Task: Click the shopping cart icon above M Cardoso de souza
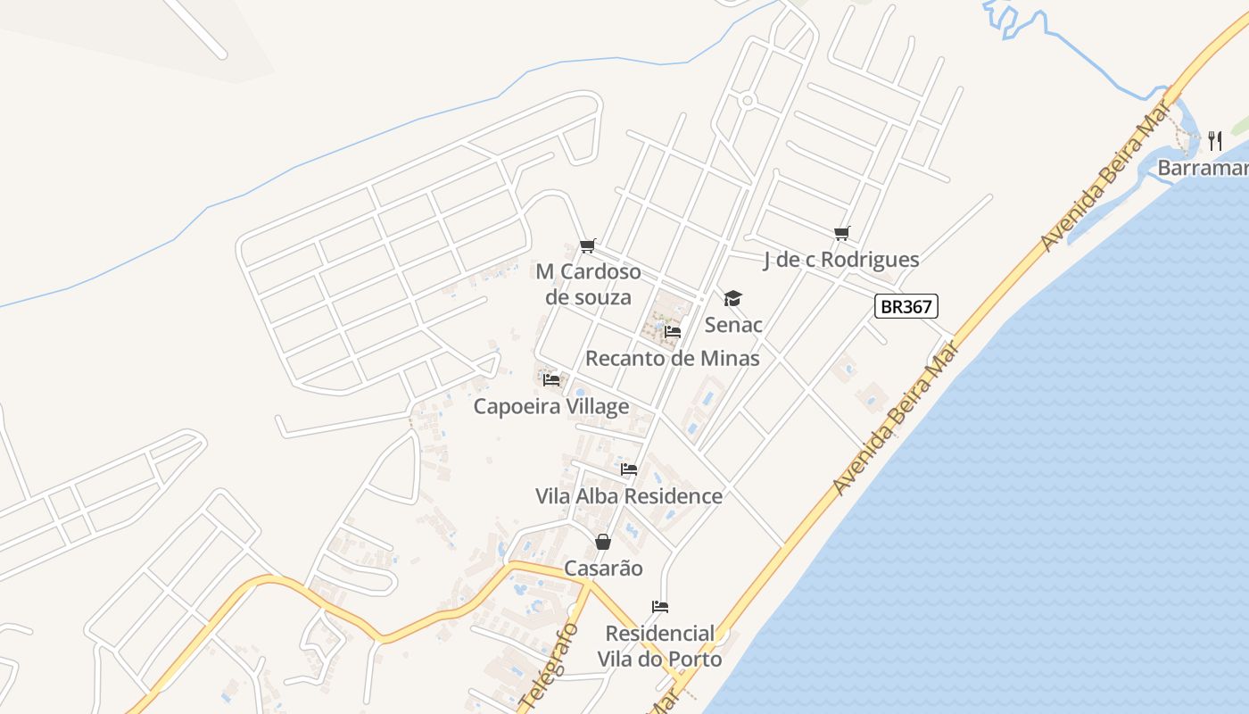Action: click(587, 245)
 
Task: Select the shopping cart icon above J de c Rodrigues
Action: click(841, 234)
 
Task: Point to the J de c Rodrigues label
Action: click(841, 260)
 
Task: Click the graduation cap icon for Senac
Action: click(732, 298)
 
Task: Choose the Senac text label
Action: click(733, 325)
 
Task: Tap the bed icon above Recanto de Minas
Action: click(673, 332)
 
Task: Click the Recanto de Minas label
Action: click(673, 359)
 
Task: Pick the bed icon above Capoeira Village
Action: click(551, 380)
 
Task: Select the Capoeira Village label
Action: click(551, 407)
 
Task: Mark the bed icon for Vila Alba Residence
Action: click(629, 469)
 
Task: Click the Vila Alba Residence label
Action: click(629, 496)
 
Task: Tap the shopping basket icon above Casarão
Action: click(603, 542)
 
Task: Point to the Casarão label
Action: click(603, 569)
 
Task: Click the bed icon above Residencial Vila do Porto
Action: click(660, 607)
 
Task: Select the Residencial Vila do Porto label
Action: click(660, 646)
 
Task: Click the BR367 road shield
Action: click(906, 307)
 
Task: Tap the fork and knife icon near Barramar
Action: click(1214, 140)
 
